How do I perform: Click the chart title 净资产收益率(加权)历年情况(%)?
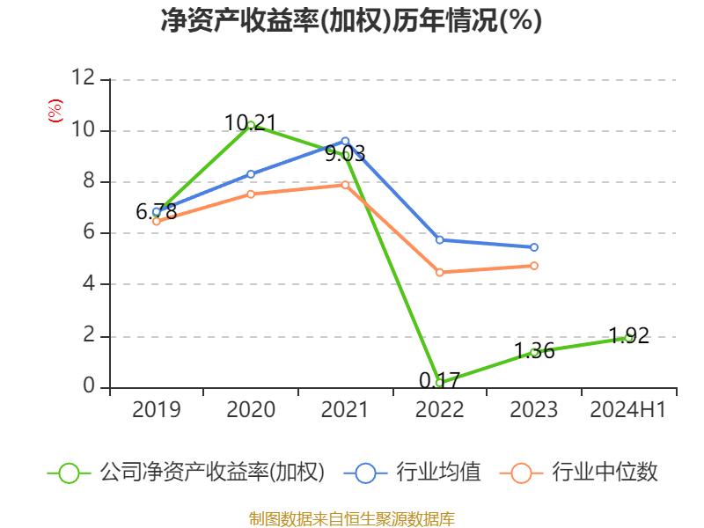point(351,21)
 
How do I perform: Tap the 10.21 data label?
point(251,123)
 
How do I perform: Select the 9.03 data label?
point(345,154)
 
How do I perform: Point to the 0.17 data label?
point(439,380)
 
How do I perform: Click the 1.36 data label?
point(534,351)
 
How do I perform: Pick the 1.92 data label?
point(628,335)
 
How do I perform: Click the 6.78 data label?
point(157,212)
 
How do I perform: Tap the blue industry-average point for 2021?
point(345,141)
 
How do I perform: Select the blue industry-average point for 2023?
point(534,247)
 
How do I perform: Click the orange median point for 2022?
point(440,273)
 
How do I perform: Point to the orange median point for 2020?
point(251,194)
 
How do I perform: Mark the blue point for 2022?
point(440,239)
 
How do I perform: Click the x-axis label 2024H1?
point(628,410)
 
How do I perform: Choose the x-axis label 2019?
point(157,410)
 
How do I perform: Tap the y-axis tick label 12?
point(83,78)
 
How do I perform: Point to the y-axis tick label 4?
point(88,284)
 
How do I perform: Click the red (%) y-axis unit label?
point(55,111)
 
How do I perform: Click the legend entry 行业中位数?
point(581,473)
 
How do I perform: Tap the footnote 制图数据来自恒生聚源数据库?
point(351,518)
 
